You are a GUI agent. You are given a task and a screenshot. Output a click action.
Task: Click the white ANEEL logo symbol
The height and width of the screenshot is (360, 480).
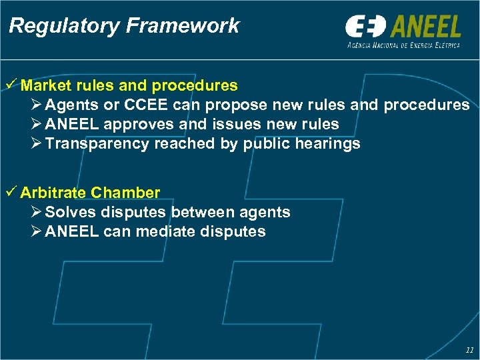(x=365, y=27)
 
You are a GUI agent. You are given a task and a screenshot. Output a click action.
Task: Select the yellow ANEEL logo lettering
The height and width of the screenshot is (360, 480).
(x=426, y=27)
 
